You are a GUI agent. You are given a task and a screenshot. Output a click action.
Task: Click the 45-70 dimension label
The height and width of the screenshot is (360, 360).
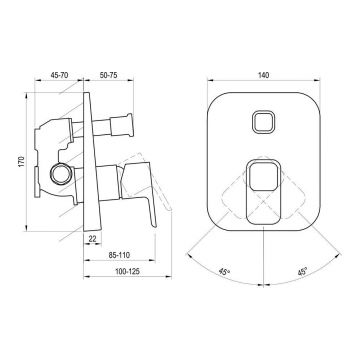click(59, 75)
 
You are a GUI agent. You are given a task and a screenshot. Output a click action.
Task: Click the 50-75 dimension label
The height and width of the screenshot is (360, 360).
click(108, 75)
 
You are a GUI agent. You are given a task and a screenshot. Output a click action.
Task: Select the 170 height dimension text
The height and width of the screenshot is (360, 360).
click(22, 161)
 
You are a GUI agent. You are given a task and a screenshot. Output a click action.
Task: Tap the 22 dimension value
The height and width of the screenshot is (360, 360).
click(93, 238)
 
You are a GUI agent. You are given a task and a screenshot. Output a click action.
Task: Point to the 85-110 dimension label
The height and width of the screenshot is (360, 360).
click(119, 255)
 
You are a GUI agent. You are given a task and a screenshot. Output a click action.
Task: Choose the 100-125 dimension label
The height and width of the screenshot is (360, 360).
click(127, 271)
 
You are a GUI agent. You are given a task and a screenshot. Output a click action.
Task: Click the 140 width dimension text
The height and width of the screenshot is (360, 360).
click(263, 75)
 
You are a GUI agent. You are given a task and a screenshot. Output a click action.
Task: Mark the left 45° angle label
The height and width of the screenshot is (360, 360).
click(225, 271)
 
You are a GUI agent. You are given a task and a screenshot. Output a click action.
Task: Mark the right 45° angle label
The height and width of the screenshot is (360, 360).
click(302, 271)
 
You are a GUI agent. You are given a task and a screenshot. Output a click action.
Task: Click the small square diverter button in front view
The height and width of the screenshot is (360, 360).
click(263, 121)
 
